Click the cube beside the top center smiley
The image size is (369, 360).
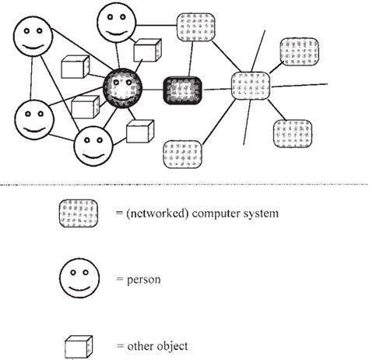(146, 49)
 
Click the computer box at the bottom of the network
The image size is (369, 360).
(184, 153)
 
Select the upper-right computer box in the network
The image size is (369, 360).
(300, 51)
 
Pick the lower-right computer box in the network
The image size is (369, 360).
(292, 134)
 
